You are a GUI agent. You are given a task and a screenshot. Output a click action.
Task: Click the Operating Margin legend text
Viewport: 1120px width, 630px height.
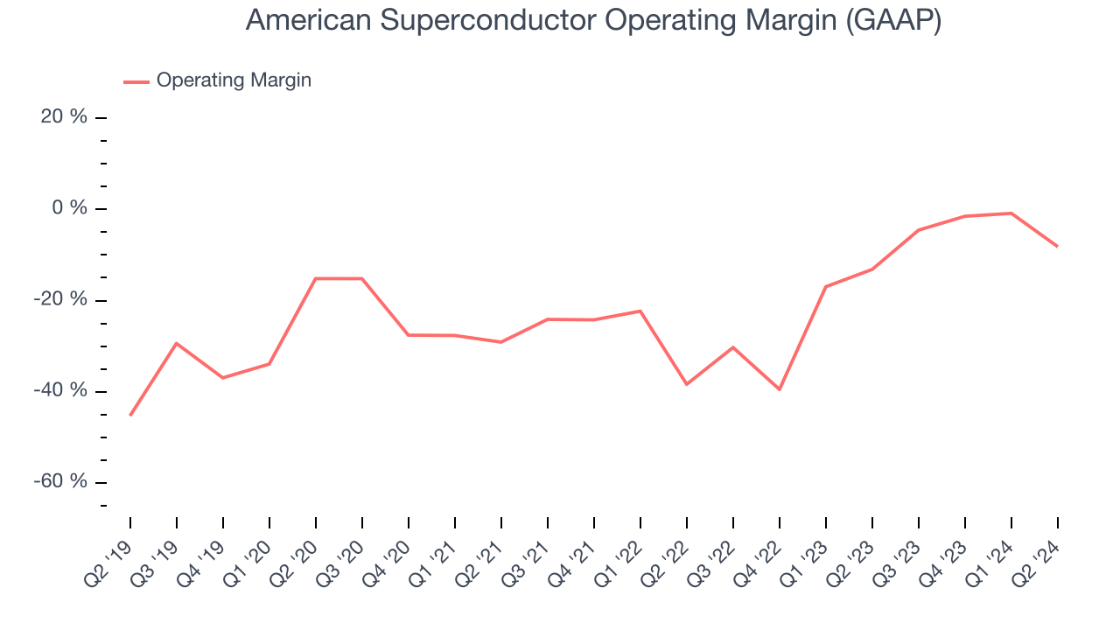coord(234,80)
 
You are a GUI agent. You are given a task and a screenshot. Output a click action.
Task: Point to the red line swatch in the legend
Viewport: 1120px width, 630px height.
coord(136,81)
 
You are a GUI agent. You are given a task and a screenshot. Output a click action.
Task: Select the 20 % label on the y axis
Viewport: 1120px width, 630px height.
coord(64,117)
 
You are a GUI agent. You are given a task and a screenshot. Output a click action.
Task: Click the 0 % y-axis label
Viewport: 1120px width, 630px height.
coord(69,208)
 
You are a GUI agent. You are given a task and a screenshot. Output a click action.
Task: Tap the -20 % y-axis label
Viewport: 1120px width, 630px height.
coord(60,299)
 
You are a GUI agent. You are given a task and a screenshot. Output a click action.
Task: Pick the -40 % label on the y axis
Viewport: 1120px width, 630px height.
coord(60,390)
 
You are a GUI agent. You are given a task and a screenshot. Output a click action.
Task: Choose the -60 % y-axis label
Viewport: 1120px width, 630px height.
coord(60,481)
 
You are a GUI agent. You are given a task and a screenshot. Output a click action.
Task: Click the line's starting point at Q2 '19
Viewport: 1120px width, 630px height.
coord(130,415)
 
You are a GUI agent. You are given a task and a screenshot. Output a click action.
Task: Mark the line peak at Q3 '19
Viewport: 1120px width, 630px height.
coord(177,343)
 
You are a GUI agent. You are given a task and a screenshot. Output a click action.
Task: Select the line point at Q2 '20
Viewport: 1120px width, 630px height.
coord(316,278)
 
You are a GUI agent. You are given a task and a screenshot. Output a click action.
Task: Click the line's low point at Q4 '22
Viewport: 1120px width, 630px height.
coord(780,389)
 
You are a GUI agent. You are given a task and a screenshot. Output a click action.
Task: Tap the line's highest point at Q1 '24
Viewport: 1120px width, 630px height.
coord(1011,213)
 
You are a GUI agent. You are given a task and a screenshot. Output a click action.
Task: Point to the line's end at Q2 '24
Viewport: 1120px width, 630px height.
coord(1057,246)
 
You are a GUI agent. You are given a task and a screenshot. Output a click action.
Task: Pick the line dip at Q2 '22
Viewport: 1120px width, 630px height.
coord(687,384)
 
